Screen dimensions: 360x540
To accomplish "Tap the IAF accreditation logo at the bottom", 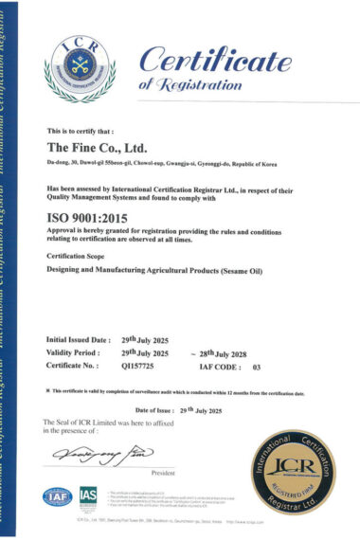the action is pyautogui.click(x=56, y=496).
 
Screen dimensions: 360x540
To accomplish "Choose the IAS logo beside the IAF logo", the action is pyautogui.click(x=89, y=496).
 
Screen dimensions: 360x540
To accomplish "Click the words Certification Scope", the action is pyautogui.click(x=79, y=256).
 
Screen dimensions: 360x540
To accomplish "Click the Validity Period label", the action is pyautogui.click(x=75, y=351).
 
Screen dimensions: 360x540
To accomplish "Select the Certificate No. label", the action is pyautogui.click(x=75, y=365).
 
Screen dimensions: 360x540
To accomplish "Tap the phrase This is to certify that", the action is pyautogui.click(x=80, y=131).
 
